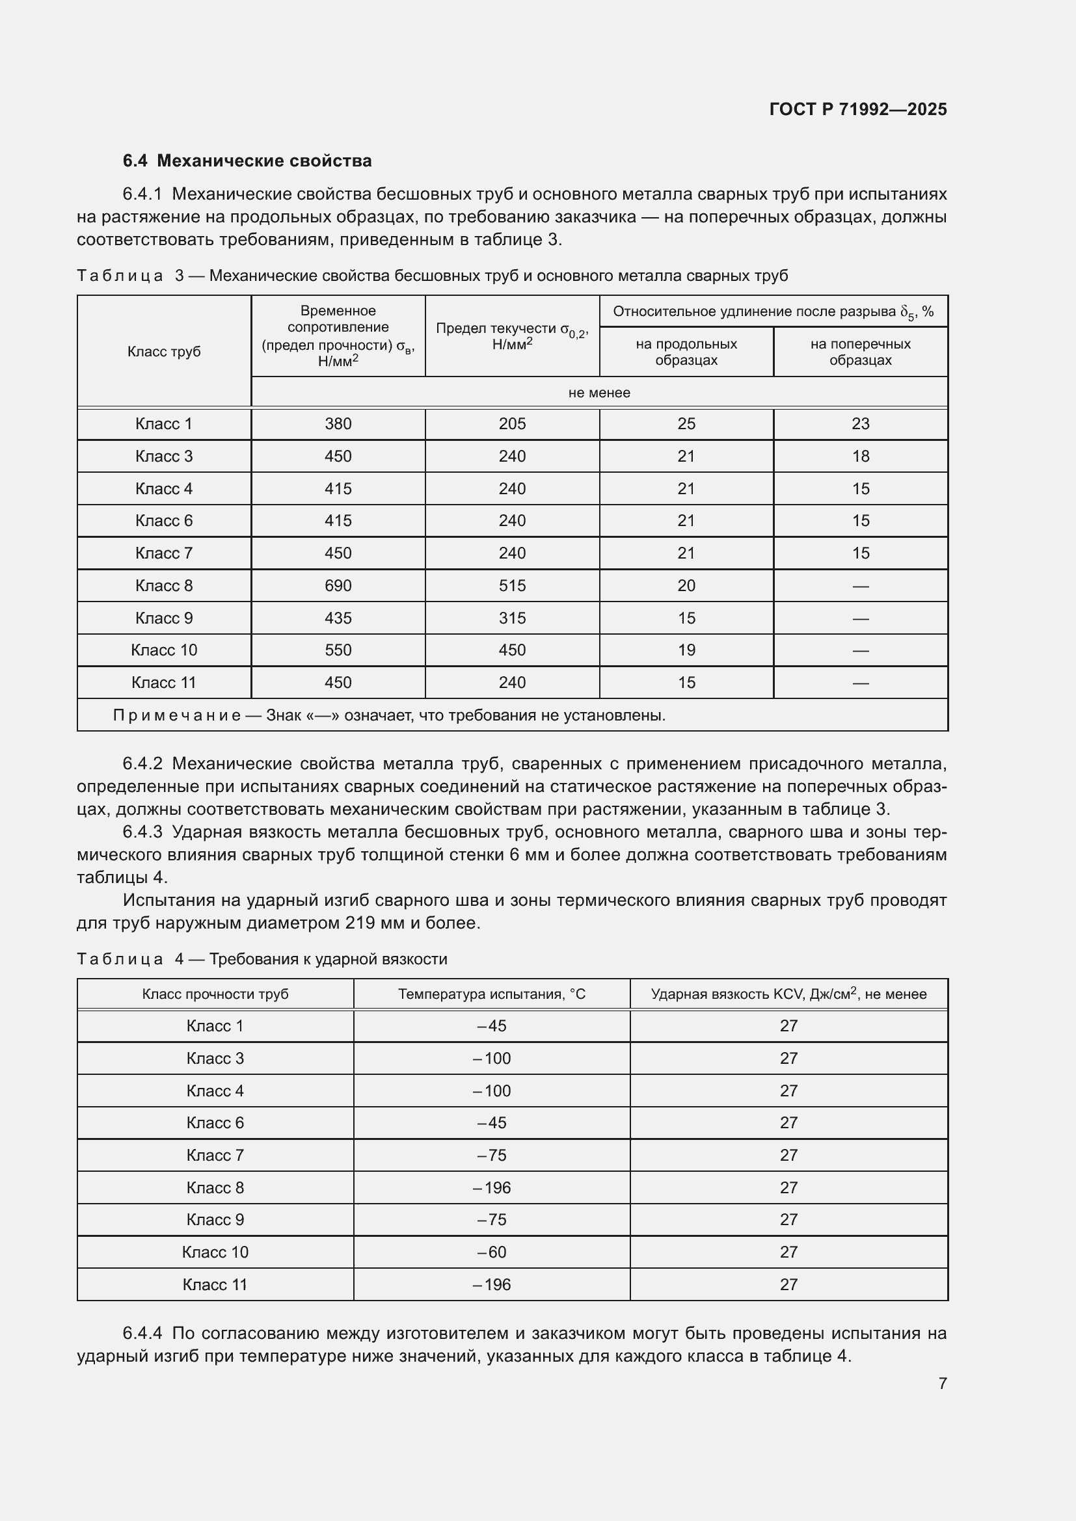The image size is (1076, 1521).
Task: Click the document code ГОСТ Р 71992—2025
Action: pos(858,109)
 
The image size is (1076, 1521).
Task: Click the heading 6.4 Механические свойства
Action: pos(247,161)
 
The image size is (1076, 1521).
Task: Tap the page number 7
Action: pos(942,1383)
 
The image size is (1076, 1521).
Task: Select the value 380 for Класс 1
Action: pos(338,424)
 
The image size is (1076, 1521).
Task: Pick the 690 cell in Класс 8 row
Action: pos(338,586)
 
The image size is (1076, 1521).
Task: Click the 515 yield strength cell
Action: pos(512,586)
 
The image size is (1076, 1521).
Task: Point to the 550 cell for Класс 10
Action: pos(338,650)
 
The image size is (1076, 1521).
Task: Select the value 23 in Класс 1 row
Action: pos(860,424)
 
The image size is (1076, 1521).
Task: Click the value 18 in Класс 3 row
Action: pos(860,456)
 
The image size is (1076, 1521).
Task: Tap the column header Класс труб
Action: pos(164,352)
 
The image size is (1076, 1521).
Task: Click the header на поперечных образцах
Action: pos(860,352)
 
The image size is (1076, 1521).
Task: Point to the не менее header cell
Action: pos(599,393)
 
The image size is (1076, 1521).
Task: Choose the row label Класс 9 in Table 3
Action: pos(164,618)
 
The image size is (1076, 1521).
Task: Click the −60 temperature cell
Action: pos(492,1252)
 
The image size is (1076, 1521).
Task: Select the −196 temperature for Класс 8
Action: pos(492,1188)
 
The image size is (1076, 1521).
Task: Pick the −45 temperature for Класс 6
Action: pos(492,1123)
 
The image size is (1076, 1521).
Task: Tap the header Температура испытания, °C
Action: pos(492,994)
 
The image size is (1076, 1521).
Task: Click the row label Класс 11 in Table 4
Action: pos(215,1284)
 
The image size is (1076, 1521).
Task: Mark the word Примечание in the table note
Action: pos(176,715)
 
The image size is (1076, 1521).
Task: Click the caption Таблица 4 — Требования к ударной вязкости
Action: pos(262,959)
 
